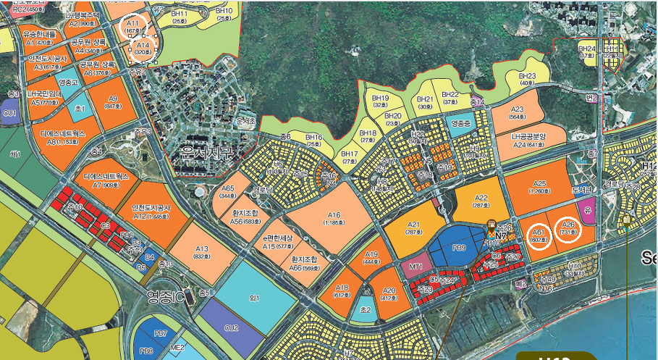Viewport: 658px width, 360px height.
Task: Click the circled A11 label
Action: pyautogui.click(x=132, y=28)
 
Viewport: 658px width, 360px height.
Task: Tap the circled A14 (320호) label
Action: pyautogui.click(x=143, y=49)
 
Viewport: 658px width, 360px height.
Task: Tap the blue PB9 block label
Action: pyautogui.click(x=459, y=248)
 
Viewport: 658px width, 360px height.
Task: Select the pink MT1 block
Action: pyautogui.click(x=416, y=266)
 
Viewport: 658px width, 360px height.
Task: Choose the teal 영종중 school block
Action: pyautogui.click(x=460, y=124)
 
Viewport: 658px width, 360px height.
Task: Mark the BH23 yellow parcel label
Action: pyautogui.click(x=527, y=79)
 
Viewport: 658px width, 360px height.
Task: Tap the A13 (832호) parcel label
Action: pyautogui.click(x=202, y=251)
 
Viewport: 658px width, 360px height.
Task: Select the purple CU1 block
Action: pyautogui.click(x=10, y=114)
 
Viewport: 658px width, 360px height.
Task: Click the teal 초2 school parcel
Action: pyautogui.click(x=366, y=308)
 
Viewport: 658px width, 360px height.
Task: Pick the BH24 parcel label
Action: pyautogui.click(x=586, y=51)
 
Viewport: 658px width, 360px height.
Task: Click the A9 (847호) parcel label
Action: pyautogui.click(x=113, y=102)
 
